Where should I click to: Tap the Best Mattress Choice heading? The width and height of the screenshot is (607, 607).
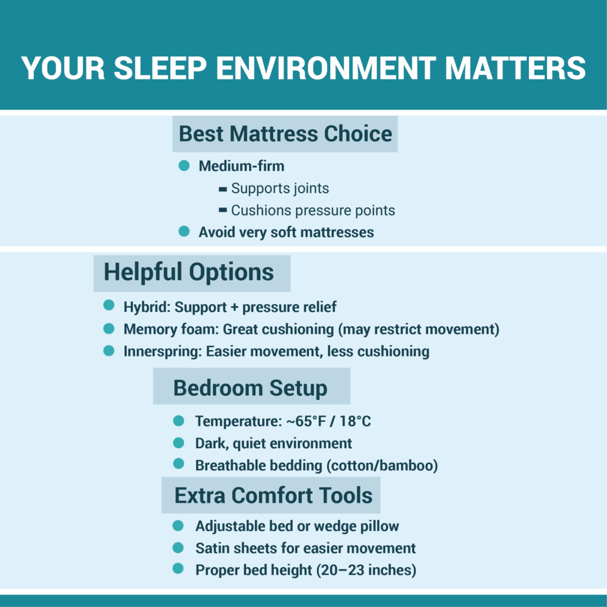(x=285, y=133)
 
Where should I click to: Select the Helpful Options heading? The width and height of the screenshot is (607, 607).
(x=189, y=272)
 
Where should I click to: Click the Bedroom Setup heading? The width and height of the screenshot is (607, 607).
(x=250, y=388)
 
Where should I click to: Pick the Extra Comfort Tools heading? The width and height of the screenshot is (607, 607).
(x=273, y=495)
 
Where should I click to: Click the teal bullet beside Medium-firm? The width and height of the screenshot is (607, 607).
(x=184, y=165)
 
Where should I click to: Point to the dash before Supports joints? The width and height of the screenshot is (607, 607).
(x=223, y=189)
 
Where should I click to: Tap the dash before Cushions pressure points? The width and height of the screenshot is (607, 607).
(x=223, y=210)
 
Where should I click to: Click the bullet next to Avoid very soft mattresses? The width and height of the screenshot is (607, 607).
(x=184, y=231)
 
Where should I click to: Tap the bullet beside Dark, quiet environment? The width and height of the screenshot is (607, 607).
(x=178, y=443)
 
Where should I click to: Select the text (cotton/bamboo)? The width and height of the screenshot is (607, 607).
(x=382, y=465)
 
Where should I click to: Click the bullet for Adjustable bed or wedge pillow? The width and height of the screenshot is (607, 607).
(x=178, y=526)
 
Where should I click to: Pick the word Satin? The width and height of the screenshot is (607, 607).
(x=212, y=548)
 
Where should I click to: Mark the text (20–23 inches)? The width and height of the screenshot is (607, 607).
(x=366, y=570)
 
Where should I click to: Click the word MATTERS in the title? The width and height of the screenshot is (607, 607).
(x=515, y=68)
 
